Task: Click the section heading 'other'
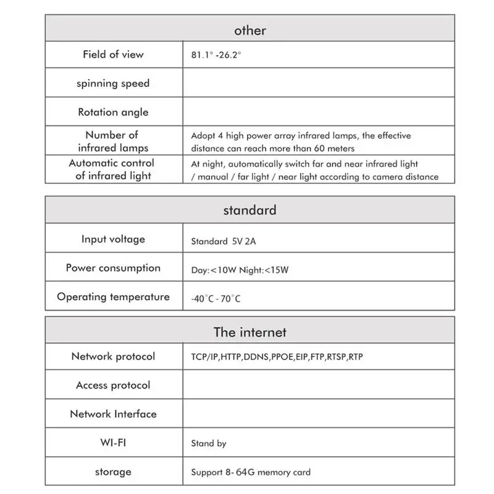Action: click(249, 30)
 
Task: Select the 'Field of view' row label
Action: click(113, 54)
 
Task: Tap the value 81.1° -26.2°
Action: click(216, 55)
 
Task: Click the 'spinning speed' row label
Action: click(113, 83)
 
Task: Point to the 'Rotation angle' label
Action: click(113, 112)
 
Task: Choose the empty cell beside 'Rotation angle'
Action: click(318, 112)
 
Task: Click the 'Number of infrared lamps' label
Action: click(113, 141)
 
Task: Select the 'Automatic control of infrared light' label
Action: click(113, 170)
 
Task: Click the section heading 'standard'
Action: click(249, 210)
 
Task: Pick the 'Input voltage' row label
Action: click(113, 239)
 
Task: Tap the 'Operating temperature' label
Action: click(113, 297)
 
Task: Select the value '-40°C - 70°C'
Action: click(216, 299)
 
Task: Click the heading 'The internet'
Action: click(249, 332)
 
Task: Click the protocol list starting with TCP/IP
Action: click(277, 357)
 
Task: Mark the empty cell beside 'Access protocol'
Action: click(318, 385)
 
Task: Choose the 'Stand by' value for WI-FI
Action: click(209, 443)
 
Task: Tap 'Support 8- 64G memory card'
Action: click(251, 472)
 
